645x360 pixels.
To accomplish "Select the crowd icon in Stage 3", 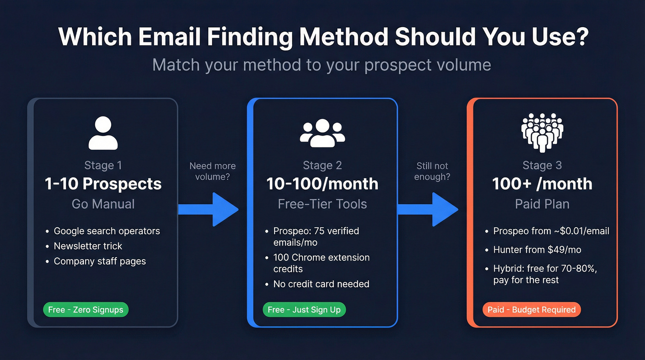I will pyautogui.click(x=542, y=133).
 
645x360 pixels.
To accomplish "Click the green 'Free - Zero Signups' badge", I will pyautogui.click(x=86, y=310).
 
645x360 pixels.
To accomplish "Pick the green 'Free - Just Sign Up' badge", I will pyautogui.click(x=304, y=310).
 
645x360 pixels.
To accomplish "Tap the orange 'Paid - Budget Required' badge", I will pyautogui.click(x=531, y=310).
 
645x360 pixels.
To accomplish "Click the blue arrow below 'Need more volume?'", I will pyautogui.click(x=210, y=209).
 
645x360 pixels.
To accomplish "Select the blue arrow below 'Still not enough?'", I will pyautogui.click(x=429, y=209).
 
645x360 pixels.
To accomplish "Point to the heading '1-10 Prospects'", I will pyautogui.click(x=103, y=184).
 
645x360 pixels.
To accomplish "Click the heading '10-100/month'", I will pyautogui.click(x=322, y=184).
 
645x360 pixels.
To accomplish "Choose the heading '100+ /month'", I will pyautogui.click(x=542, y=184).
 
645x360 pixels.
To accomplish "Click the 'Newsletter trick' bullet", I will pyautogui.click(x=88, y=246).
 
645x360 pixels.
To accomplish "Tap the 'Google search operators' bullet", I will pyautogui.click(x=107, y=231).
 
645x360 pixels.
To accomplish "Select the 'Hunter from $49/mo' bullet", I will pyautogui.click(x=537, y=250).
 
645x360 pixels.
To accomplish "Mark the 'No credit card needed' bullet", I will pyautogui.click(x=321, y=284).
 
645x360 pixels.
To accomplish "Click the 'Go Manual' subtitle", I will pyautogui.click(x=103, y=204).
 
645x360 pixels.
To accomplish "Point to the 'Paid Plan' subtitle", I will pyautogui.click(x=542, y=204).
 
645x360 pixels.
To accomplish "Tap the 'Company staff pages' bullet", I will pyautogui.click(x=100, y=261).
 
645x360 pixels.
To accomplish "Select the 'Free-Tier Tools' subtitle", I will pyautogui.click(x=322, y=204).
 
